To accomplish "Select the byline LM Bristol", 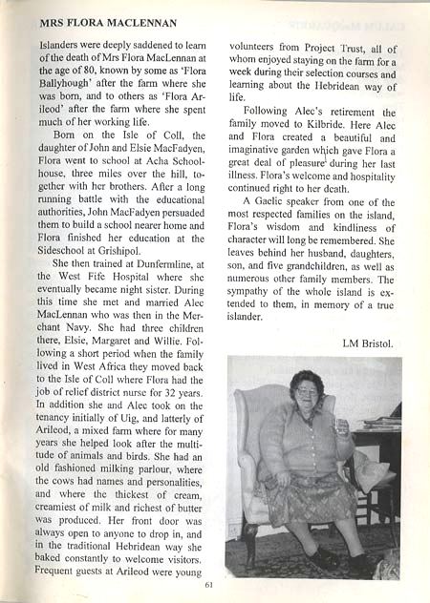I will point(371,342).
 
